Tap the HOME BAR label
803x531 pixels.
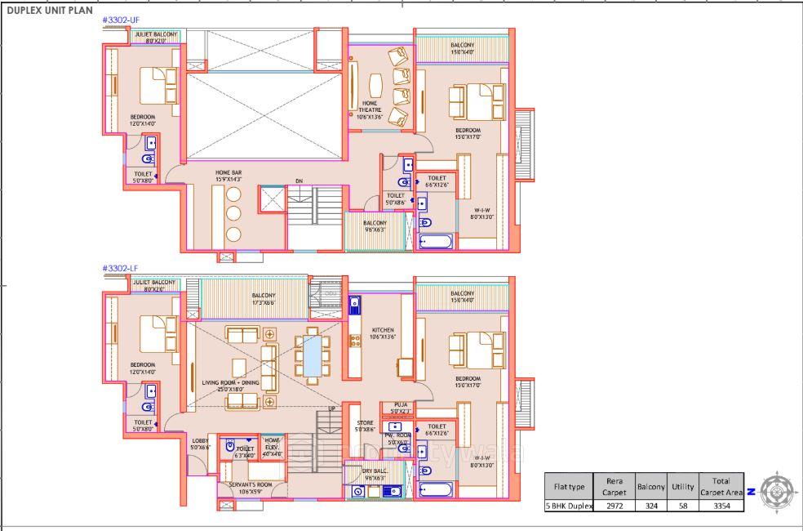coord(228,173)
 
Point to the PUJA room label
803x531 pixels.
coord(400,404)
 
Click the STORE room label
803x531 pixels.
coord(364,422)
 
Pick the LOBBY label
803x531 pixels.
coord(200,441)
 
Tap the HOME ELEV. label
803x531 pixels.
coord(272,442)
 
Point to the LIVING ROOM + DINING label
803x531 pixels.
coord(231,382)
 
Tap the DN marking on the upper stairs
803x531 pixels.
coord(299,181)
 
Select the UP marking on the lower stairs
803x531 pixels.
coord(331,408)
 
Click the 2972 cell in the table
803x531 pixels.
coord(615,506)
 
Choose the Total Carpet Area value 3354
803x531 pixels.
coord(721,506)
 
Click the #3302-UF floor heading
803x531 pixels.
coord(120,19)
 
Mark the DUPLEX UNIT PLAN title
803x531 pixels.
coord(49,11)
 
